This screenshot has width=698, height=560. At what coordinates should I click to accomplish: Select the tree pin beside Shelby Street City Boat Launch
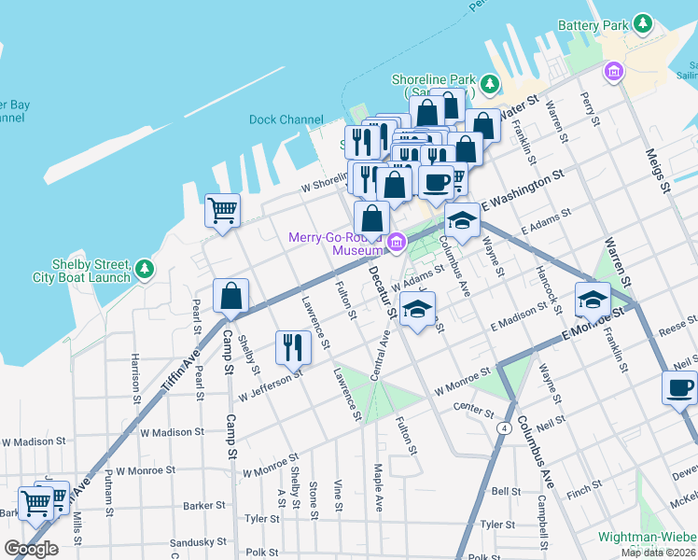point(144,270)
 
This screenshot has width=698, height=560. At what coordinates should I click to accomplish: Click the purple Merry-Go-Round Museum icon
point(397,243)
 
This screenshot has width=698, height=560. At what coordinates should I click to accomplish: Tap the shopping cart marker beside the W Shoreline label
point(223,210)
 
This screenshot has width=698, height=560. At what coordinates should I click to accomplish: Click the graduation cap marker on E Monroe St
point(593,300)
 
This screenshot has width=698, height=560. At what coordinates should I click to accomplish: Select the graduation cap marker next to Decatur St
point(417,309)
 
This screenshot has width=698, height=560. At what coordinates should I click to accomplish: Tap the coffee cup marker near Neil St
point(679,387)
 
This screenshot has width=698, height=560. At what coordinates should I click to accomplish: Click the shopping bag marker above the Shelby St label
point(230,297)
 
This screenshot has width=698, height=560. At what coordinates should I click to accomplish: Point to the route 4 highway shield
point(502,428)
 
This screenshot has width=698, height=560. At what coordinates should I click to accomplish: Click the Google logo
point(31,549)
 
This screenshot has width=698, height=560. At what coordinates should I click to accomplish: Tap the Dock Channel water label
point(286,119)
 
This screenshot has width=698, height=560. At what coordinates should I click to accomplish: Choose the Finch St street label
point(584,486)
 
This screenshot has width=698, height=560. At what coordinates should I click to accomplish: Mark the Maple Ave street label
point(378,487)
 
